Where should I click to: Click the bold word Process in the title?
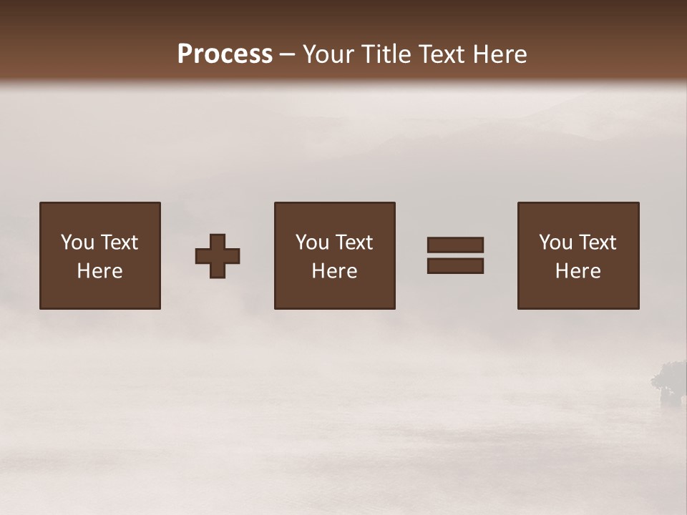click(225, 54)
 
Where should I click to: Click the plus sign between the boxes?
click(218, 256)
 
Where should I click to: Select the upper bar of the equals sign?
click(455, 245)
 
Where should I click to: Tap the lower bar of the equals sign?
click(455, 266)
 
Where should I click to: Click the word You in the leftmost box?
click(77, 242)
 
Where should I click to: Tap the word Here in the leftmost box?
click(99, 271)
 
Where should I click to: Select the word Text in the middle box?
click(356, 242)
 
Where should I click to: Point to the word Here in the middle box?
click(334, 271)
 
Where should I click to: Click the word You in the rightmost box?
click(555, 242)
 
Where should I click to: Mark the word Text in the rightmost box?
click(599, 242)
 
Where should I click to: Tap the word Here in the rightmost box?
click(578, 271)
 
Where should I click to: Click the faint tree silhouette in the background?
click(669, 383)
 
